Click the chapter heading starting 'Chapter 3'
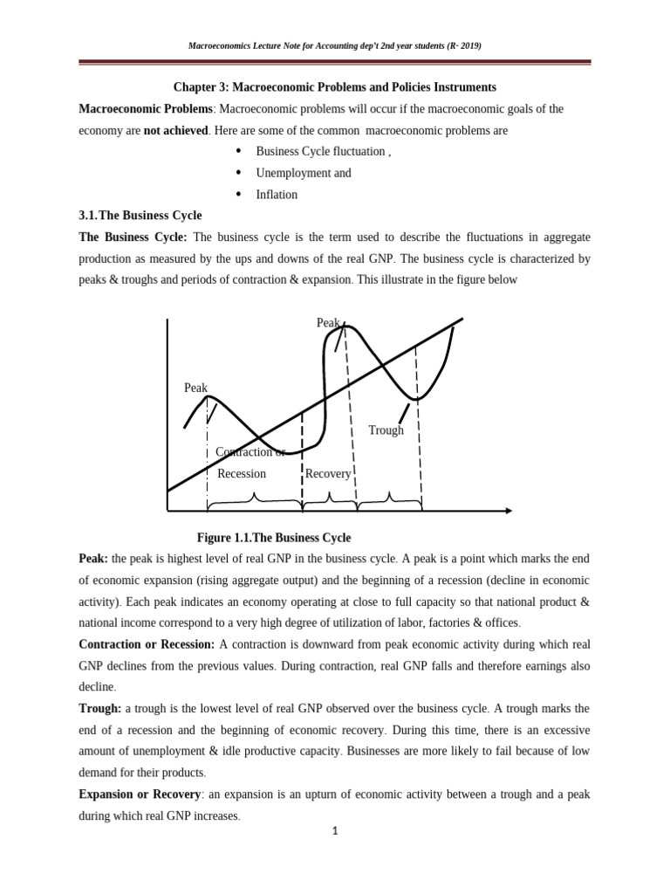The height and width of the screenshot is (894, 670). (334, 87)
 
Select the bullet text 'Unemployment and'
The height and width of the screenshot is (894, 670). (303, 173)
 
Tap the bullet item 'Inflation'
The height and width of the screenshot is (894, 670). (276, 195)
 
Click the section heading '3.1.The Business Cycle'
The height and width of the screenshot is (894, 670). (140, 216)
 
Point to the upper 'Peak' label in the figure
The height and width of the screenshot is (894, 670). (328, 323)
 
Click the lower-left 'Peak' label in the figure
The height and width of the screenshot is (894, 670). (196, 388)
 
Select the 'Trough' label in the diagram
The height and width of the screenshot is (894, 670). (386, 430)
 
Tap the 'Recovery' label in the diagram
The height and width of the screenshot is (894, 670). (328, 473)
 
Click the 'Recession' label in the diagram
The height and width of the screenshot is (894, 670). (241, 473)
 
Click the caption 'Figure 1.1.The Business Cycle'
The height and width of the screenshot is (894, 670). (274, 537)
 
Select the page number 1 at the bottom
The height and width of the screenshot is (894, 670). (334, 830)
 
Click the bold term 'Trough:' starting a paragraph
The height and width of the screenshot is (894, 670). (100, 708)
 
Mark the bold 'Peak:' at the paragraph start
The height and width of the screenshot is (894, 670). (94, 559)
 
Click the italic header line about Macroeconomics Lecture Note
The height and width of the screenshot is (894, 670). (334, 45)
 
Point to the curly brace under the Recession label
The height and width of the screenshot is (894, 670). (254, 499)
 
